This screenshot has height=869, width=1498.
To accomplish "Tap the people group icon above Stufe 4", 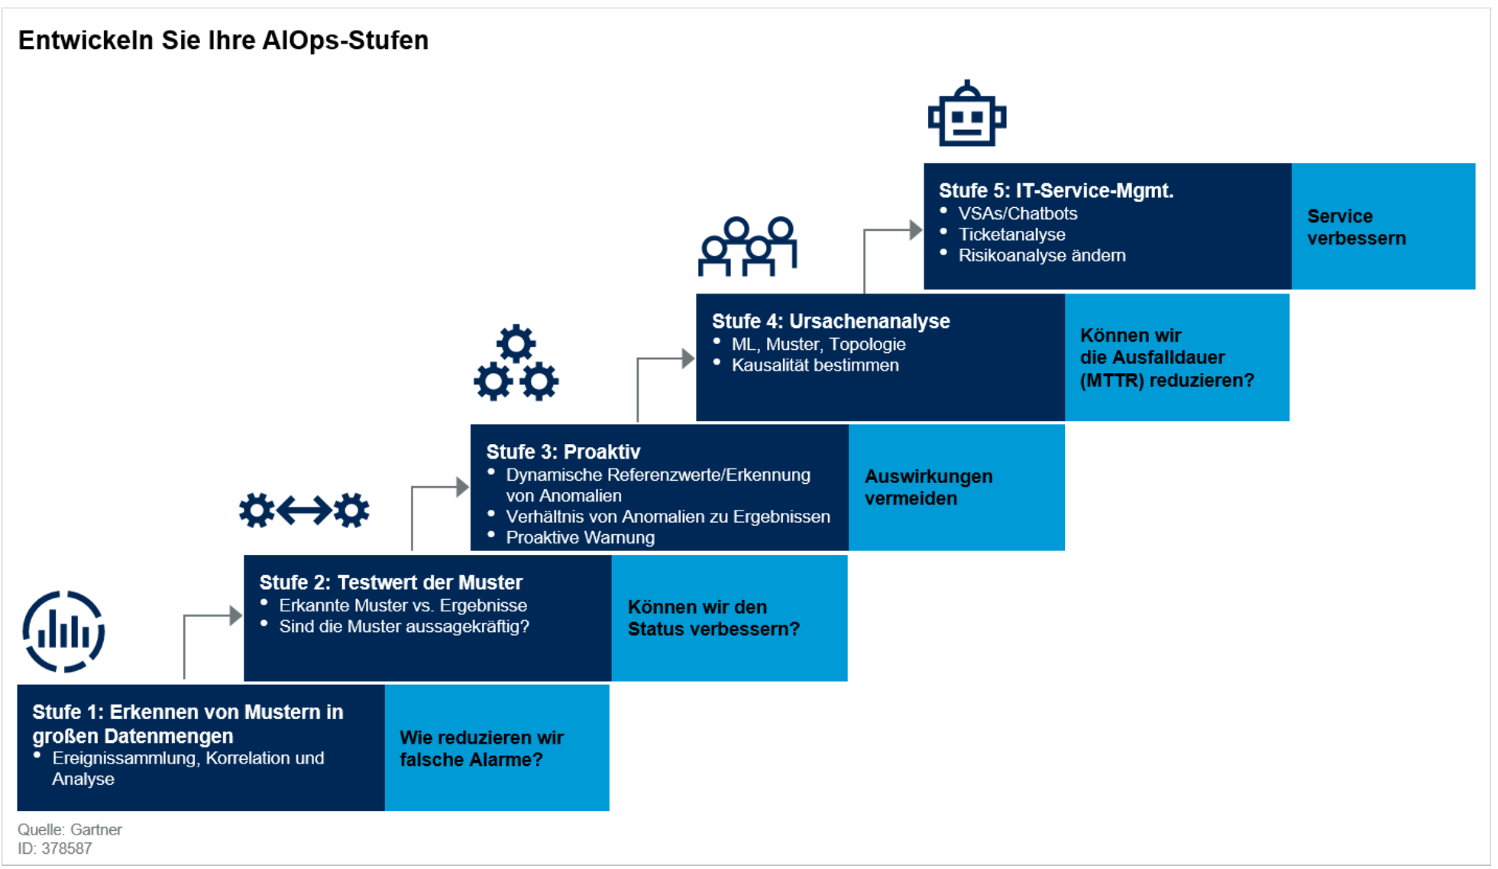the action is tap(748, 246).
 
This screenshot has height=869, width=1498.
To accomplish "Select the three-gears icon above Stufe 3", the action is tap(516, 363).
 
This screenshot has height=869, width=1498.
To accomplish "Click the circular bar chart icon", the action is tap(63, 631).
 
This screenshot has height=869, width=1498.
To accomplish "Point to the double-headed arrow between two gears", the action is tap(304, 510).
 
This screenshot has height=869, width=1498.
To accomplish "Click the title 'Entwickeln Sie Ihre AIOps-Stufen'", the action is tap(223, 40).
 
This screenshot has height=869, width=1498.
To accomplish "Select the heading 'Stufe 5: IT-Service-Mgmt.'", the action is tap(1056, 190).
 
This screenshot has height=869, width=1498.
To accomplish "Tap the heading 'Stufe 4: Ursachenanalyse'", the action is tap(831, 321).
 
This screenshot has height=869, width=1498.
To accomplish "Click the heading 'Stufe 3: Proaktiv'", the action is tap(563, 452).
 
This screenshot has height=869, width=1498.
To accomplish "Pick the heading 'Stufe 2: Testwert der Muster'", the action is tap(391, 582).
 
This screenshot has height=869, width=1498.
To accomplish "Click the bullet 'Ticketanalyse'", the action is tap(1011, 235).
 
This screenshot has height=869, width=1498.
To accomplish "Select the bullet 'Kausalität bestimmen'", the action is tap(815, 365).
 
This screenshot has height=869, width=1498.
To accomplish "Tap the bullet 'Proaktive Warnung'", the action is tap(580, 537).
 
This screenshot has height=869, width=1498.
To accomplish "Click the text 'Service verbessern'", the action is tap(1356, 227).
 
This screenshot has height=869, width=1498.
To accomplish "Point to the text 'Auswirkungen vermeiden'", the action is tap(928, 487).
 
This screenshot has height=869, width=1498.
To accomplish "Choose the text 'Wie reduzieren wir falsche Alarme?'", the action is tap(481, 748).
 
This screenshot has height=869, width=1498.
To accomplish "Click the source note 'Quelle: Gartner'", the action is tap(70, 829).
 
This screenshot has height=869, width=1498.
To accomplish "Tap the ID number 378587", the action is tap(66, 848).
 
